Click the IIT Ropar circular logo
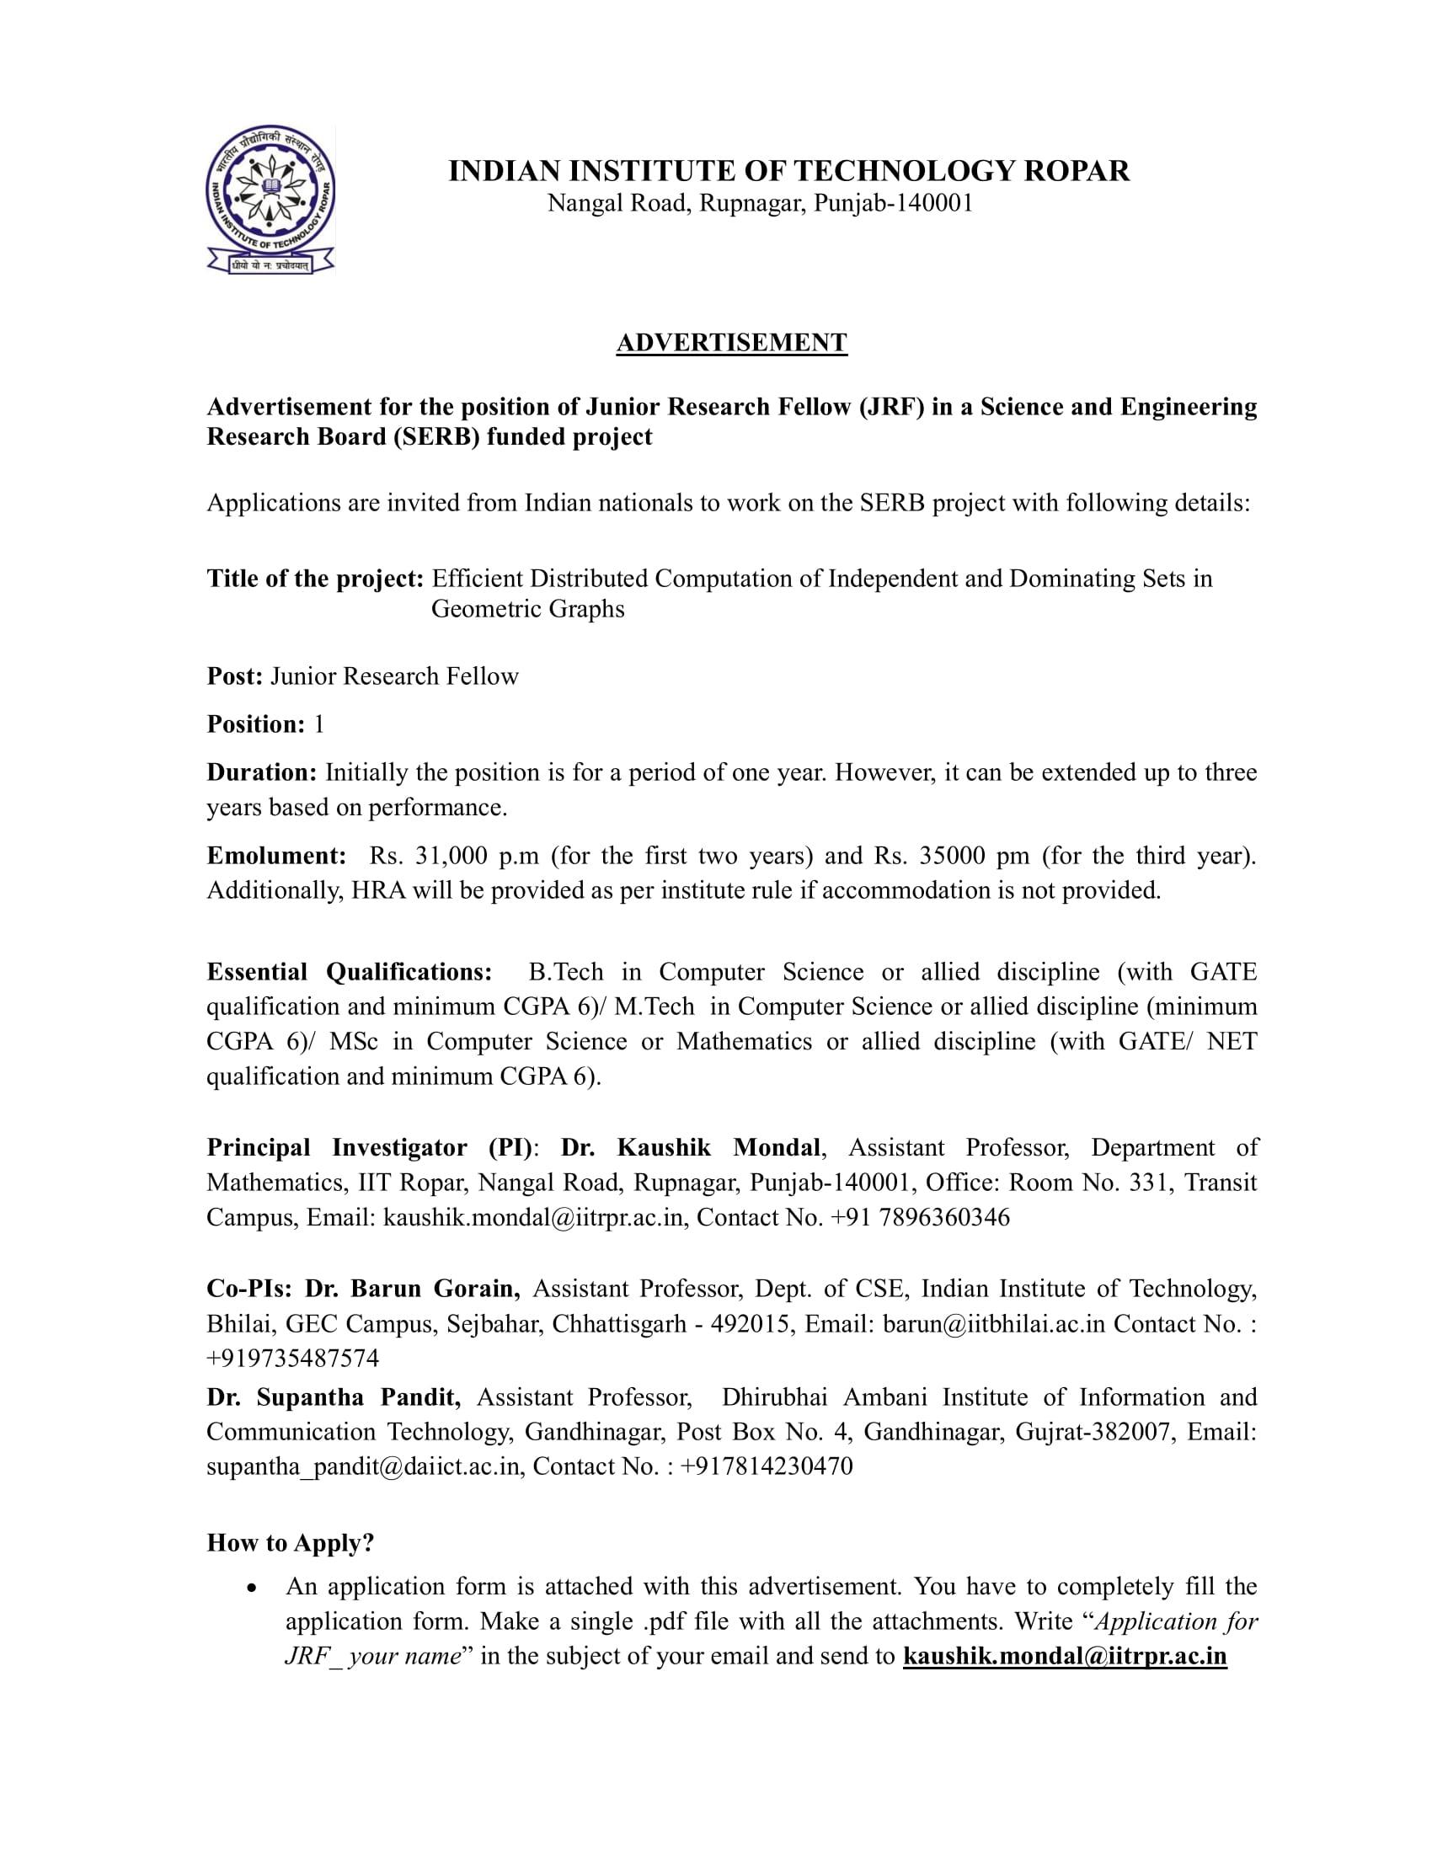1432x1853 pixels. coord(270,200)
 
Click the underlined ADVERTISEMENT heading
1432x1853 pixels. coord(731,343)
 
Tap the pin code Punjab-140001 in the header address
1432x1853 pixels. coord(892,204)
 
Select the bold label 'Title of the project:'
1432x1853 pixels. coord(315,579)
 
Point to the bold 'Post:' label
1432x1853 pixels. coord(235,676)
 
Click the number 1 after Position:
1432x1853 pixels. coord(319,724)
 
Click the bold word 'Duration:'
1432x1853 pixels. coord(262,773)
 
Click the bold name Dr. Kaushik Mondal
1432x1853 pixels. coord(691,1148)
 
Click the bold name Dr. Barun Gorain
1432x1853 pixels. coord(413,1289)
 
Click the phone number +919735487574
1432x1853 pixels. coord(292,1359)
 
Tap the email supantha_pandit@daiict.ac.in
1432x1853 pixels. coord(362,1466)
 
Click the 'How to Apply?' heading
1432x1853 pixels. coord(290,1543)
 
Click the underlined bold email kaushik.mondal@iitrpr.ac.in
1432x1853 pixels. coord(1065,1656)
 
